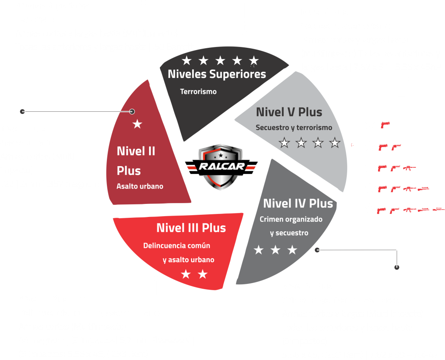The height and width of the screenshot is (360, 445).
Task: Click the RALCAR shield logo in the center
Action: [x=221, y=167]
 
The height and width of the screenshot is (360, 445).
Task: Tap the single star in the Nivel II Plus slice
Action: [x=137, y=124]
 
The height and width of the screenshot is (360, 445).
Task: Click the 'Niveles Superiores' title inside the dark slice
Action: [x=217, y=74]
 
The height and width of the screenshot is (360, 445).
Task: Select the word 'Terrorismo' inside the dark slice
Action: [x=198, y=92]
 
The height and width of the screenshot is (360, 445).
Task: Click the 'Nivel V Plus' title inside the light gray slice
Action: [x=289, y=112]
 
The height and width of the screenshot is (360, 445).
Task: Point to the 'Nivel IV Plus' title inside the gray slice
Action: [x=298, y=203]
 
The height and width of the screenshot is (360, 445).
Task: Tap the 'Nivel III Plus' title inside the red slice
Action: [x=191, y=228]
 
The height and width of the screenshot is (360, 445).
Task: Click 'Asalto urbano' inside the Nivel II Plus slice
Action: [x=140, y=186]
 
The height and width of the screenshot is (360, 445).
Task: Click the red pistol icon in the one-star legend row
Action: [x=385, y=125]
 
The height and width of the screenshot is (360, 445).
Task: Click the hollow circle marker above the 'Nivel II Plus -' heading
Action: [x=23, y=111]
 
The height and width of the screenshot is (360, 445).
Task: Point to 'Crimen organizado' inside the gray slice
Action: [x=291, y=220]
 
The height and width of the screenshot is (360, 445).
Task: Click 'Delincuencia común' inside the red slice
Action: [x=177, y=246]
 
